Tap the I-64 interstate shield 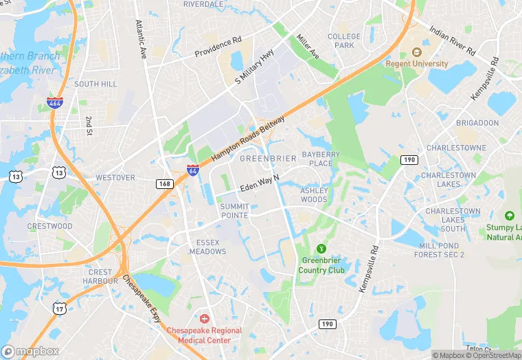click(193, 170)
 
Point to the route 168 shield click(164, 183)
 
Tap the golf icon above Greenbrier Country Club click(321, 248)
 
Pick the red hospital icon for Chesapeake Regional click(204, 319)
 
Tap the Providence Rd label click(218, 46)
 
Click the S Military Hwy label click(254, 67)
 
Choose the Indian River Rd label click(452, 41)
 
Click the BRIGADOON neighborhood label click(476, 123)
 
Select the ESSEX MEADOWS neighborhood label click(207, 247)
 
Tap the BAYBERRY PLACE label click(321, 159)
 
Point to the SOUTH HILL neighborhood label click(95, 84)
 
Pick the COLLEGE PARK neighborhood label click(344, 41)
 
